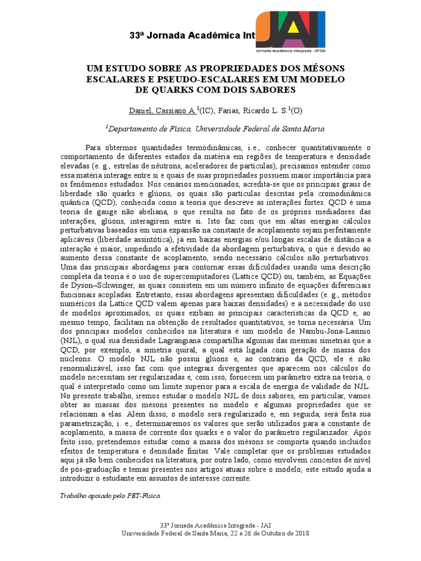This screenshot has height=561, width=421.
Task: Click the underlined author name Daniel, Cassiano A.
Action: point(162,111)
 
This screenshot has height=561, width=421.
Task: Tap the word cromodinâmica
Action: point(340,193)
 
